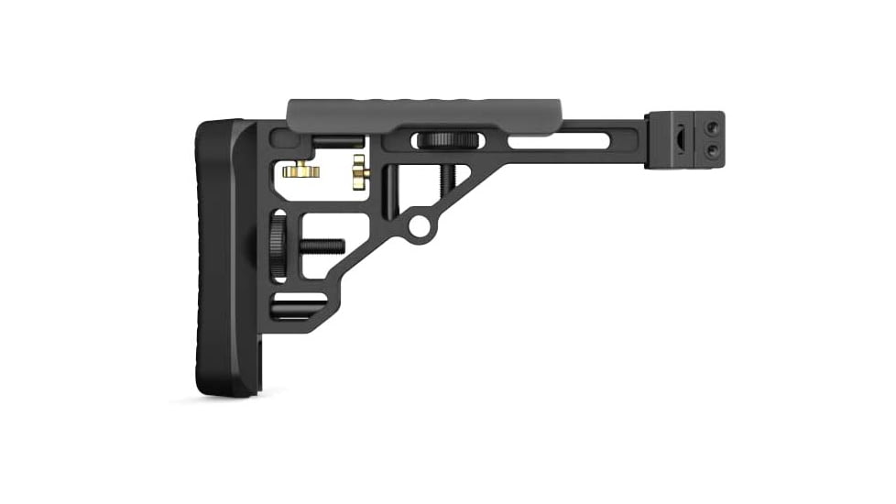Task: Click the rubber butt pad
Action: pos(220,257)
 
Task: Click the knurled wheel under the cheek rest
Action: pos(446,140)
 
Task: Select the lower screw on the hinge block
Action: pos(711,150)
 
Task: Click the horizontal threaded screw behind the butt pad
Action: pos(316,246)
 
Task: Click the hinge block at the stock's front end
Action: pos(684,140)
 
